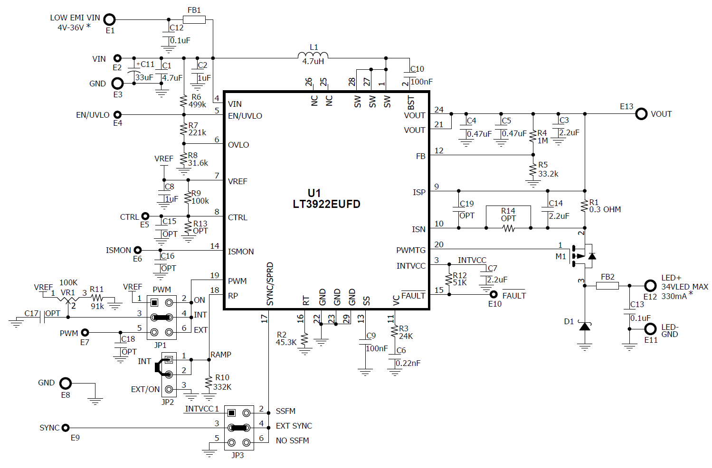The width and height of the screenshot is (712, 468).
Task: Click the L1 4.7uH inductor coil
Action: [313, 55]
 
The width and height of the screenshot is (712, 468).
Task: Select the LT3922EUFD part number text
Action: [326, 204]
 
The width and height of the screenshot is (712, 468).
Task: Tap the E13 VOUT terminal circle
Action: [641, 114]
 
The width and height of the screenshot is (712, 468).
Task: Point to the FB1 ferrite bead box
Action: [194, 19]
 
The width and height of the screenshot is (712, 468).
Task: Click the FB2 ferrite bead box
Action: [607, 286]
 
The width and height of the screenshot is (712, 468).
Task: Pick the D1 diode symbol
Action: [585, 326]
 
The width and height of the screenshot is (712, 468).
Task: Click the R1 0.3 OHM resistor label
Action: [605, 209]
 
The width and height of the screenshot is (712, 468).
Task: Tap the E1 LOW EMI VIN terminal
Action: [110, 19]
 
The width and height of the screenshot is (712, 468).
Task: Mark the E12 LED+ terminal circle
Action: [650, 286]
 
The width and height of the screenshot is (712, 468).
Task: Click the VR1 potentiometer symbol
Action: [68, 300]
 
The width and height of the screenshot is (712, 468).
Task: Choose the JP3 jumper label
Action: [237, 455]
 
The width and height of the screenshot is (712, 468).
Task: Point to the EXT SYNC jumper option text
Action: [294, 426]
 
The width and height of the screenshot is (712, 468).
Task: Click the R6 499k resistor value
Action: [197, 104]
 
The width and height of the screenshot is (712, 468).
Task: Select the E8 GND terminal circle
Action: [66, 383]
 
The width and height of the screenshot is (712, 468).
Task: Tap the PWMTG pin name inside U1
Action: [411, 250]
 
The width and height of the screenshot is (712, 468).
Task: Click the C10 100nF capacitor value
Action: [421, 82]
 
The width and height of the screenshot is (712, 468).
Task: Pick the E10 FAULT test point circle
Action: [494, 294]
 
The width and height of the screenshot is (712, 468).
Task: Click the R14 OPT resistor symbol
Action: [508, 228]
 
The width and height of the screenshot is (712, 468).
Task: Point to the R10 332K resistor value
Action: [222, 387]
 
